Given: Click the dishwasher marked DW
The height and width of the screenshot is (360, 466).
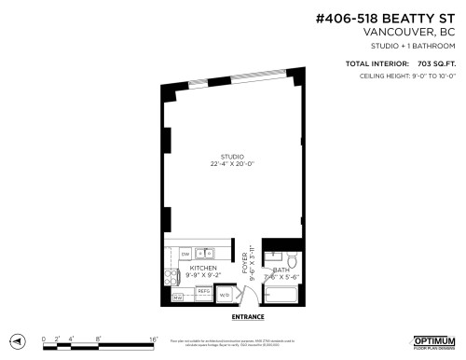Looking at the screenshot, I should [186, 254].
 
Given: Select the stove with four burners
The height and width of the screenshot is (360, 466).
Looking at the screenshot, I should [171, 276].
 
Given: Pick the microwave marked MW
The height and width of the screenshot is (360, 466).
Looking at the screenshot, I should [176, 298].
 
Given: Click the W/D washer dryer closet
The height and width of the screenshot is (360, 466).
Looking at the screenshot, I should [225, 296].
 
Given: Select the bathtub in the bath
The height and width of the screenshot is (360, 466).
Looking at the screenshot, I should [282, 297].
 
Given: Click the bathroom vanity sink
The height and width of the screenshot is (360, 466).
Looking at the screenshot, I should [272, 255].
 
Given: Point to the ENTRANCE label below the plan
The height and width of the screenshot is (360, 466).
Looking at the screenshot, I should [247, 317].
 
